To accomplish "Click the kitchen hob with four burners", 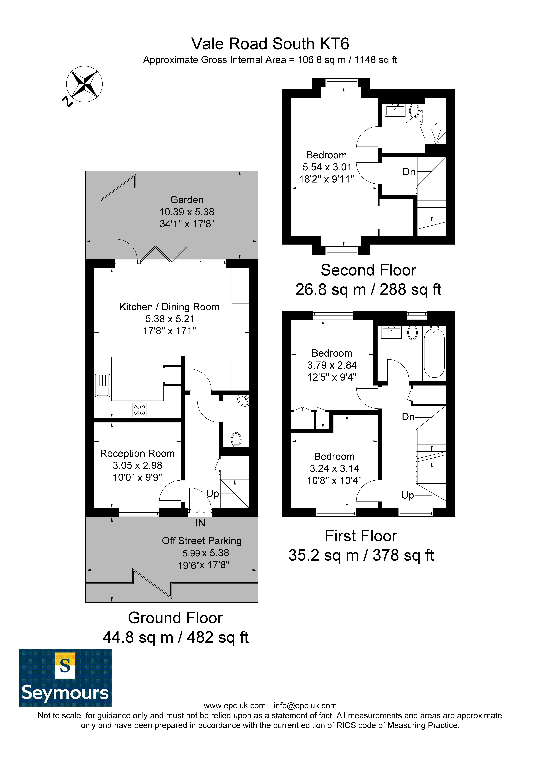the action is (139, 410).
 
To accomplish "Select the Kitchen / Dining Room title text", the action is (169, 307).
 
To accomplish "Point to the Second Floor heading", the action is (368, 270).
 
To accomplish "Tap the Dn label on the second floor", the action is (409, 172).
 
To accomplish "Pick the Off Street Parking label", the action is (202, 541).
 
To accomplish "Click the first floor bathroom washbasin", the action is (392, 332).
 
